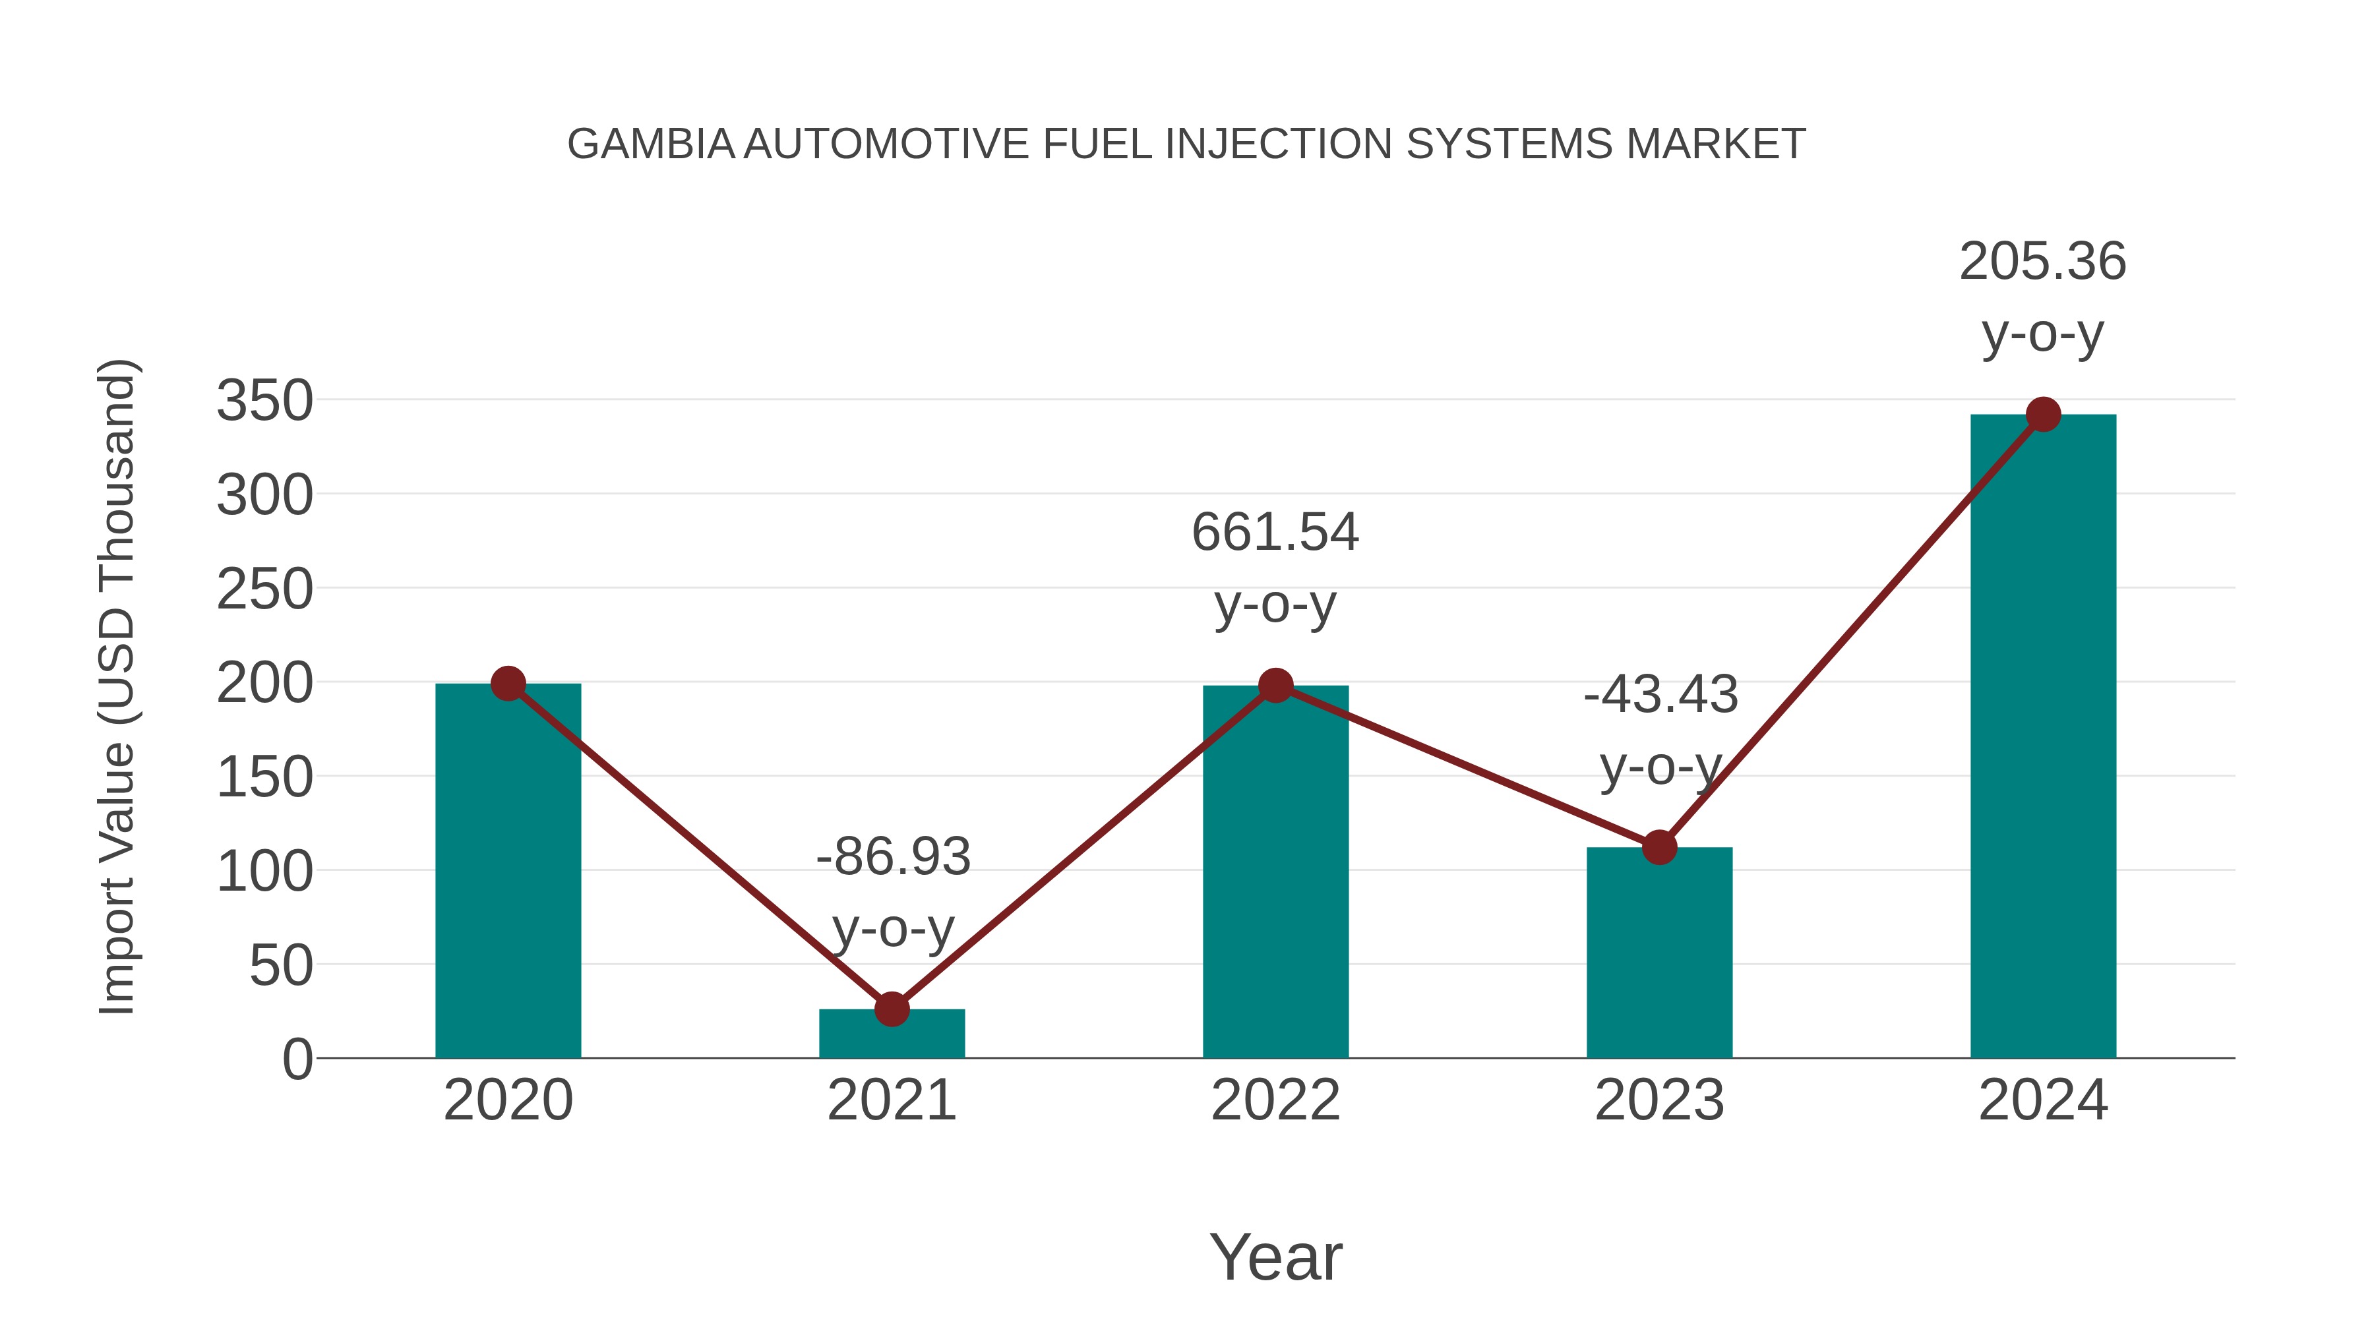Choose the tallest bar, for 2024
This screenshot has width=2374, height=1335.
pyautogui.click(x=2042, y=736)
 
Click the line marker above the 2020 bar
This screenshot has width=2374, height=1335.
pyautogui.click(x=508, y=684)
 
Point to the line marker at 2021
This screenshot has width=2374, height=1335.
pyautogui.click(x=891, y=1009)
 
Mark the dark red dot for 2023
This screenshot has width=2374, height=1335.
pyautogui.click(x=1659, y=846)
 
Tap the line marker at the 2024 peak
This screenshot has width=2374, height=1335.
pyautogui.click(x=2042, y=415)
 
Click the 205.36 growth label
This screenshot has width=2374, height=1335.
pyautogui.click(x=2042, y=262)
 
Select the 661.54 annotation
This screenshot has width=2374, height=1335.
pyautogui.click(x=1275, y=533)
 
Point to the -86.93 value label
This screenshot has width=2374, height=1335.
pyautogui.click(x=893, y=857)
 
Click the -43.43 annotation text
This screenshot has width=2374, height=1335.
pyautogui.click(x=1660, y=695)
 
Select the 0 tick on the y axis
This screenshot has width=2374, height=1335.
pyautogui.click(x=297, y=1059)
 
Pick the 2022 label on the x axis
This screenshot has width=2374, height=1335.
pyautogui.click(x=1275, y=1100)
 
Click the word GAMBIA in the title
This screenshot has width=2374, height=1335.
pyautogui.click(x=651, y=144)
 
